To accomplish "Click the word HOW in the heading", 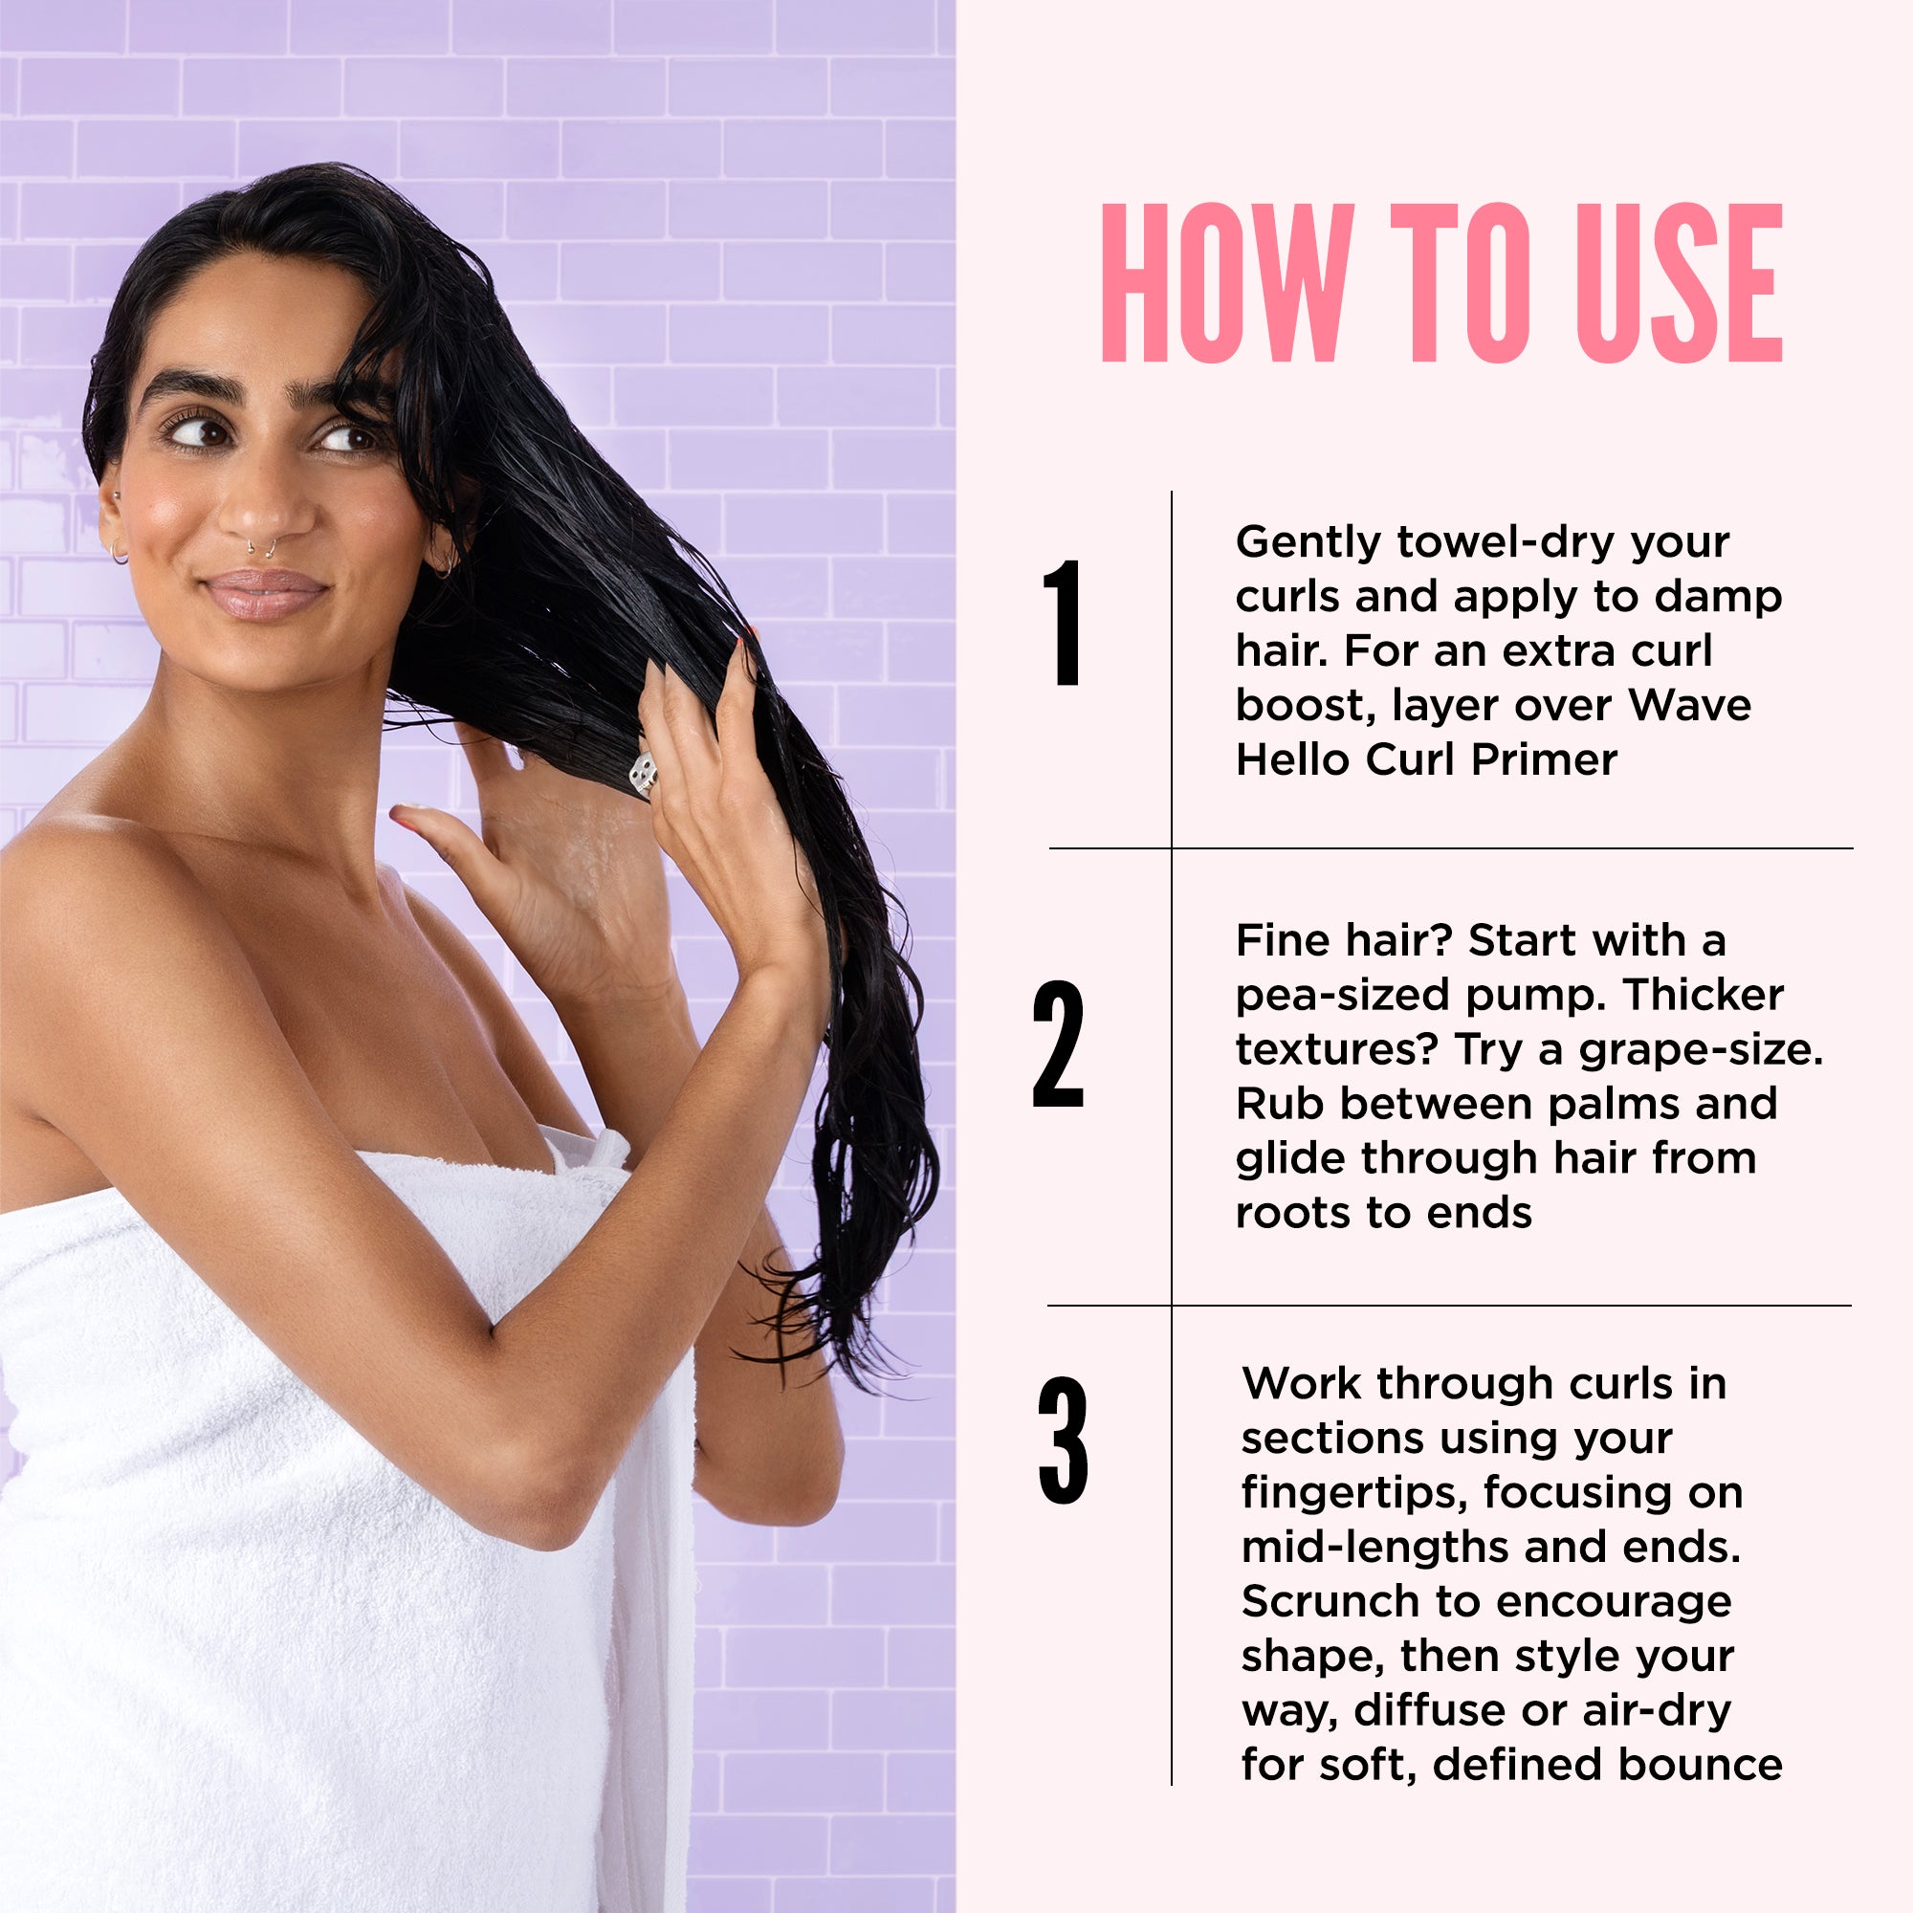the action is click(x=1228, y=283).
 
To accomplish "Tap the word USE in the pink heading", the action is click(x=1680, y=283).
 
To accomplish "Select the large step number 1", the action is click(x=1063, y=622).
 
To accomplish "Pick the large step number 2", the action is click(x=1058, y=1044).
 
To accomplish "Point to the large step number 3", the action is click(x=1063, y=1440).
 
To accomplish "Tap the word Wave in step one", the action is click(x=1689, y=705).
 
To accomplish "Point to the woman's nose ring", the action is click(x=261, y=550).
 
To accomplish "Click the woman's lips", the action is click(x=264, y=593).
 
